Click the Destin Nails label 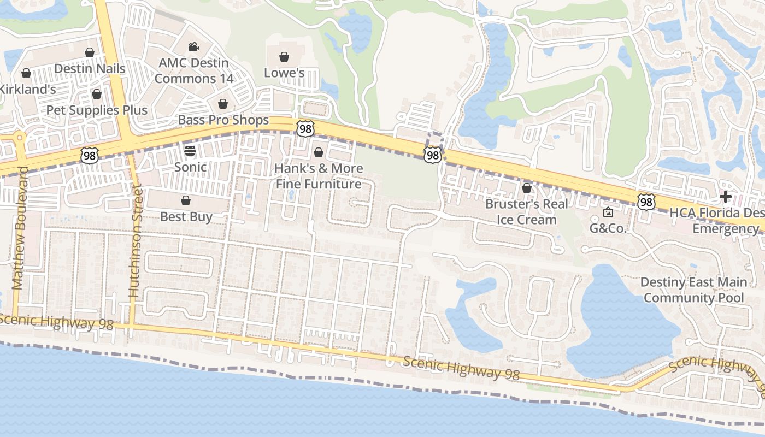click(90, 69)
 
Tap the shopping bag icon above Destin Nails click(90, 52)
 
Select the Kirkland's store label click(27, 89)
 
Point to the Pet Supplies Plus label click(97, 110)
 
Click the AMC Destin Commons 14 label click(193, 70)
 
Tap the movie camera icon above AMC click(193, 47)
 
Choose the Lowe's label click(284, 73)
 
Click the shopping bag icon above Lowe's click(284, 57)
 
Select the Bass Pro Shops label click(223, 120)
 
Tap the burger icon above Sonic click(190, 150)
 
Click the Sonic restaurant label click(190, 167)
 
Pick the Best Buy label click(186, 217)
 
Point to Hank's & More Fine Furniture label click(319, 176)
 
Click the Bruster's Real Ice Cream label click(527, 212)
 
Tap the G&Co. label click(608, 228)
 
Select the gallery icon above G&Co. click(608, 212)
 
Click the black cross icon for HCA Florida click(726, 197)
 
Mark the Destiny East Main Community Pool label click(693, 290)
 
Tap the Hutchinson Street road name click(135, 240)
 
